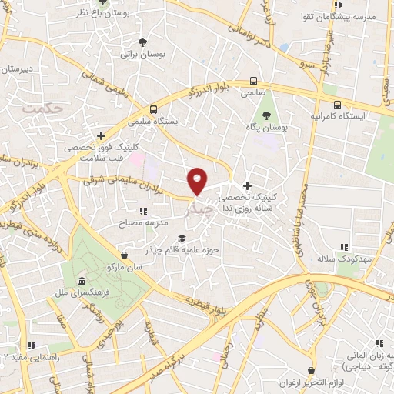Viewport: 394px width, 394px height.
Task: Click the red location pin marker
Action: tap(198, 180)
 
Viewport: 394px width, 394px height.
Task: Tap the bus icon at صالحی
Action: tap(253, 81)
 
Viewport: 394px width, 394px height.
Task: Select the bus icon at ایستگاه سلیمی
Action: tap(154, 109)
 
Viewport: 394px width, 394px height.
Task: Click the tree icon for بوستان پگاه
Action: tap(266, 115)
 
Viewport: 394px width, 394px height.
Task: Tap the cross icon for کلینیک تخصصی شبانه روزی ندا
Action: tap(247, 185)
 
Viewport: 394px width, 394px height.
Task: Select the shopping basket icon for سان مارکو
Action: tap(125, 255)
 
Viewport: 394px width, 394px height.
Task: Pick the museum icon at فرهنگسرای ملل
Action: tap(82, 281)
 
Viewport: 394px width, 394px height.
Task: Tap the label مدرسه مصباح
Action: tap(121, 222)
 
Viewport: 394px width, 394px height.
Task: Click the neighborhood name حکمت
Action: tap(42, 109)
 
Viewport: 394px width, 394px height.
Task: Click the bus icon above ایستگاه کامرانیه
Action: tap(336, 102)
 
